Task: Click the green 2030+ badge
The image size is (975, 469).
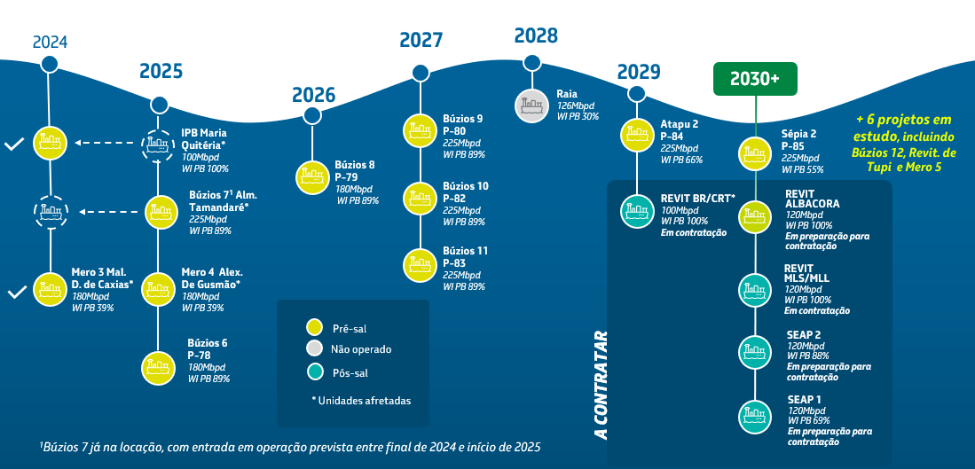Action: click(755, 79)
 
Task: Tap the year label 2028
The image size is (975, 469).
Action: click(536, 36)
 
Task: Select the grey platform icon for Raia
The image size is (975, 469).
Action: click(531, 106)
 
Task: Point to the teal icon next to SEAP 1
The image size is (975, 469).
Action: click(755, 414)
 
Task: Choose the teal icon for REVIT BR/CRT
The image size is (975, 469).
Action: click(637, 210)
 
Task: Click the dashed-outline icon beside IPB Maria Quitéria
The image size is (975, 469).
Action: click(159, 143)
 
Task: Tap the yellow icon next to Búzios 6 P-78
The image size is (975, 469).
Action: click(159, 366)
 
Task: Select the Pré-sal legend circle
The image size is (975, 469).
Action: click(314, 328)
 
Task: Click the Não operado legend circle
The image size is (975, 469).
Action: click(314, 348)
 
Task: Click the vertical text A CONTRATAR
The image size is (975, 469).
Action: click(601, 385)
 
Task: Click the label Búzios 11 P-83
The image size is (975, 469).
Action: click(465, 256)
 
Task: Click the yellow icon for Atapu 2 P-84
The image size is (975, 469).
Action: click(637, 133)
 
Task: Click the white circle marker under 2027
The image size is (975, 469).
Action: click(421, 74)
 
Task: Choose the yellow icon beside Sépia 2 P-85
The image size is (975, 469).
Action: click(755, 153)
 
